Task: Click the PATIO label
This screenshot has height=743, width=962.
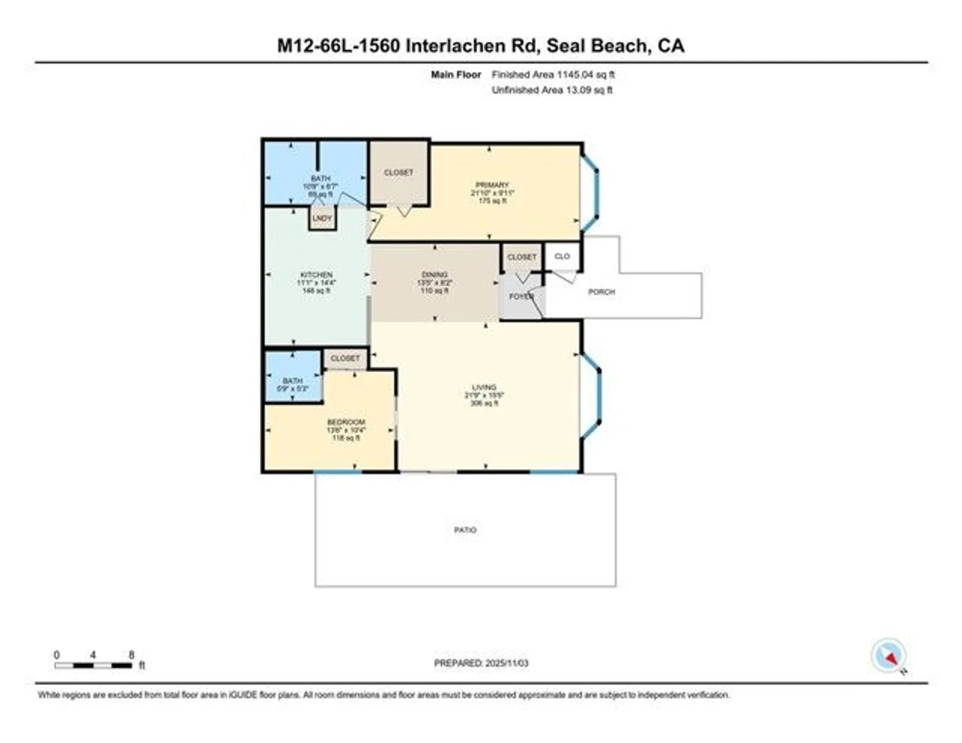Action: pyautogui.click(x=465, y=530)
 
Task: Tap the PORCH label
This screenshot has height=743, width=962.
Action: pyautogui.click(x=601, y=292)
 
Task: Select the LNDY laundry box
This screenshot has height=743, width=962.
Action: pyautogui.click(x=322, y=218)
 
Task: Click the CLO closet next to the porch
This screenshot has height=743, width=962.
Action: pyautogui.click(x=562, y=256)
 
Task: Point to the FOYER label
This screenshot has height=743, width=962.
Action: pyautogui.click(x=521, y=296)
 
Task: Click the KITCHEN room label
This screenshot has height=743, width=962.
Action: pyautogui.click(x=316, y=275)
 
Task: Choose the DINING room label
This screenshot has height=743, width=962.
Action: pyautogui.click(x=434, y=274)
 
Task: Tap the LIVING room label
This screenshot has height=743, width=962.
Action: pyautogui.click(x=484, y=387)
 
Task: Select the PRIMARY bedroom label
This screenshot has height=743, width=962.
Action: pyautogui.click(x=492, y=185)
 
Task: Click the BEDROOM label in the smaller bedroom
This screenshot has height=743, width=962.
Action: pyautogui.click(x=346, y=422)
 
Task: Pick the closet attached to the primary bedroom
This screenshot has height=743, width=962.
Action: pyautogui.click(x=399, y=172)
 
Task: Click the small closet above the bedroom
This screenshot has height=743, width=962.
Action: pyautogui.click(x=345, y=358)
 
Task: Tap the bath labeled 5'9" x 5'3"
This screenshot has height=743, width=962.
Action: pyautogui.click(x=293, y=384)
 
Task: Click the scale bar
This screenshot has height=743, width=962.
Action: pyautogui.click(x=93, y=665)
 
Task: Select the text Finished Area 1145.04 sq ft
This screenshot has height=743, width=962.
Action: pyautogui.click(x=553, y=75)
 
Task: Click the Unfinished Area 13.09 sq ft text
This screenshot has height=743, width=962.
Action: pyautogui.click(x=552, y=90)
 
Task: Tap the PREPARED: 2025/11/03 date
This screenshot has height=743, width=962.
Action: pyautogui.click(x=481, y=663)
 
